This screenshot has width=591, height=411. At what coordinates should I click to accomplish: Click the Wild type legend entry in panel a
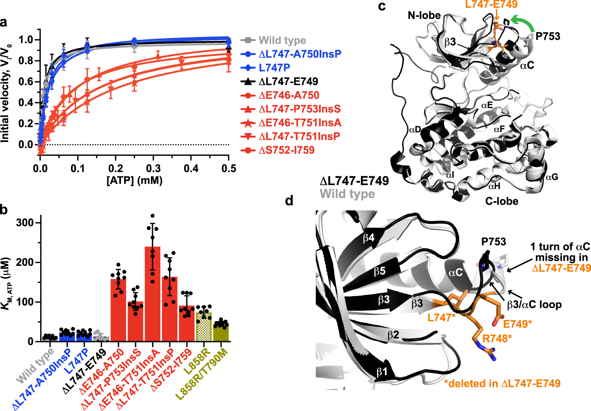282,40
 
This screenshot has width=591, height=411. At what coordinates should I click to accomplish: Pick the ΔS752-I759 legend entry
286,150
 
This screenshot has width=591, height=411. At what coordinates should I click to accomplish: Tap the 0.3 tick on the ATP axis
153,168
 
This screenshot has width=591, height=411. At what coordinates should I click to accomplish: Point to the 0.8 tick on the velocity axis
26,61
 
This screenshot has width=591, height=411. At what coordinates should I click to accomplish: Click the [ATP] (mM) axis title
134,181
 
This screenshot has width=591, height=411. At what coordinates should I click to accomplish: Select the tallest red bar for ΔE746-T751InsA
152,293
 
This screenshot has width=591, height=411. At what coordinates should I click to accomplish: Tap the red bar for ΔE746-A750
118,310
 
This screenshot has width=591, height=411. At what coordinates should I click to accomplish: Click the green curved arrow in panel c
523,21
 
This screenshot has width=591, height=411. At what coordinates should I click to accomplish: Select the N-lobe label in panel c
424,15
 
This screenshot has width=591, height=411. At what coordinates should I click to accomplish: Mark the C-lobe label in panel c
502,201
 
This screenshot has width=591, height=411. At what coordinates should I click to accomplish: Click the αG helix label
552,177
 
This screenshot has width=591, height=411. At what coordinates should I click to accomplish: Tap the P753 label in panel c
548,36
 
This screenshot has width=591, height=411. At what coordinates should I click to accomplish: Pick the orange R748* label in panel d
497,338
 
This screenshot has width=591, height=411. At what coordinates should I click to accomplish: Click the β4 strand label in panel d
368,238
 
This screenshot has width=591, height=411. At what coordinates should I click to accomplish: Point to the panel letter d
289,201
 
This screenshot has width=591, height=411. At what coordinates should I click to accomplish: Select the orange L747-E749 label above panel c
491,4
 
